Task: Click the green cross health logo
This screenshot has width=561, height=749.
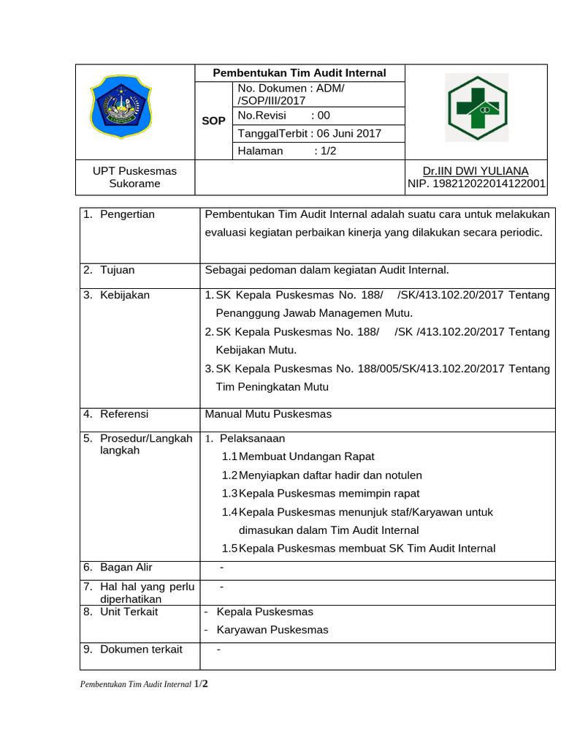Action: (477, 108)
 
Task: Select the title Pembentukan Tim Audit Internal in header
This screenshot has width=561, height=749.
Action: (299, 73)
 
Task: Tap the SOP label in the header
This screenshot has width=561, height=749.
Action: (213, 121)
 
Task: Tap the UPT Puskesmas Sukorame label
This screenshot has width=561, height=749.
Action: (134, 177)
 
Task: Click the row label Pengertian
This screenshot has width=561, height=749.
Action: (127, 214)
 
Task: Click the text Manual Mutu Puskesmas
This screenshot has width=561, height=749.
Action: (268, 414)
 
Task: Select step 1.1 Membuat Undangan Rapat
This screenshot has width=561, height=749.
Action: (298, 456)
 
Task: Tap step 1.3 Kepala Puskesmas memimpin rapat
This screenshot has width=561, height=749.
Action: (321, 493)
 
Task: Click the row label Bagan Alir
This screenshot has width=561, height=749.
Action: (126, 568)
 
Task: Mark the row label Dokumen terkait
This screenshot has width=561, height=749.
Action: (141, 650)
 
